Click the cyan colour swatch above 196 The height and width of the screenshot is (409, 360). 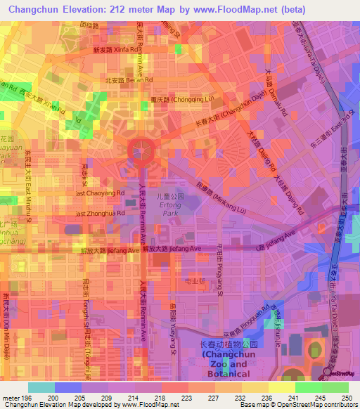pyautogui.click(x=41, y=387)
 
